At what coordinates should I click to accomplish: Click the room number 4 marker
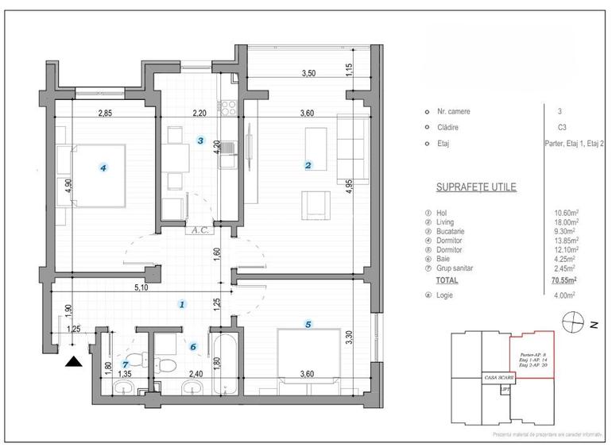pyautogui.click(x=102, y=168)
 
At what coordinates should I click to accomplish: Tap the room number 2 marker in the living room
pyautogui.click(x=308, y=165)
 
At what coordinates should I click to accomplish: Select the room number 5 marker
pyautogui.click(x=308, y=323)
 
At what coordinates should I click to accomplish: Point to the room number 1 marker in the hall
pyautogui.click(x=182, y=304)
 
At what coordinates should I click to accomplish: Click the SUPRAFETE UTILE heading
pyautogui.click(x=476, y=188)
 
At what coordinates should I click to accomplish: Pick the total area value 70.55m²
pyautogui.click(x=564, y=280)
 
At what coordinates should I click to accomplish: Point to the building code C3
pyautogui.click(x=562, y=127)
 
